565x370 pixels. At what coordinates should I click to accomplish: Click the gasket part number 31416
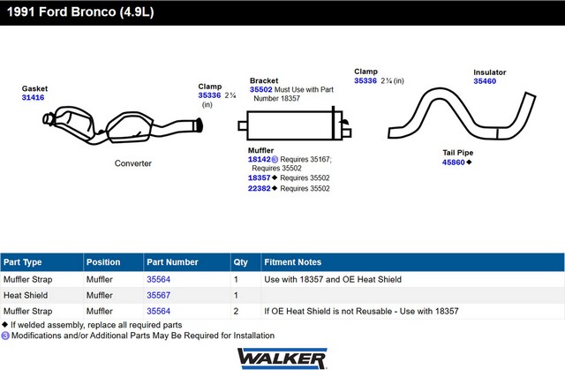[33, 97]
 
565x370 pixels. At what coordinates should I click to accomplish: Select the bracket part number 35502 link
[261, 89]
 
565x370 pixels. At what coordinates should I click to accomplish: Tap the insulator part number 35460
[485, 81]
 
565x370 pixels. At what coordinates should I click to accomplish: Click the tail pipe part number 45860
[453, 162]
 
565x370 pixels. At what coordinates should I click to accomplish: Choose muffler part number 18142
[259, 159]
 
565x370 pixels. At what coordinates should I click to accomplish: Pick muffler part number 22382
[259, 188]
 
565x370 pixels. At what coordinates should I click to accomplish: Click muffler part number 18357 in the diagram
[259, 177]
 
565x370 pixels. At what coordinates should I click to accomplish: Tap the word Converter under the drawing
[133, 163]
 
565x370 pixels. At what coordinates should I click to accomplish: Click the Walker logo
[282, 359]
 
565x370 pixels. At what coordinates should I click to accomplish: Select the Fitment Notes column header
[292, 262]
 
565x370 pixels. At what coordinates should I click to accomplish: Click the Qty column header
[240, 262]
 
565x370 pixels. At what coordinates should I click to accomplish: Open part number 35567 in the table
[158, 295]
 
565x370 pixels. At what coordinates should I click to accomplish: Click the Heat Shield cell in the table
[26, 295]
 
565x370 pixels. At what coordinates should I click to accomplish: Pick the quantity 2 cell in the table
[236, 311]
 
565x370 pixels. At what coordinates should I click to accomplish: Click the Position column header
[103, 262]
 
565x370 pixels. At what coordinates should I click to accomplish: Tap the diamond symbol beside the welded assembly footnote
[4, 324]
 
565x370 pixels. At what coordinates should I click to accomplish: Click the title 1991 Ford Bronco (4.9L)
[80, 11]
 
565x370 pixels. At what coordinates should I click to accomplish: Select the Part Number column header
[172, 262]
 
